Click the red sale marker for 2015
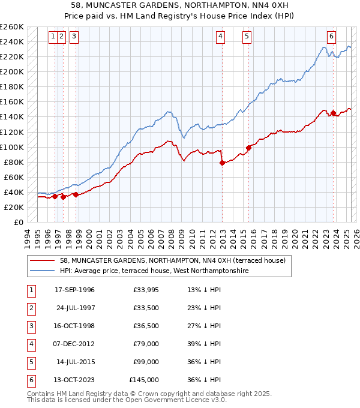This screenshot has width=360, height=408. point(248,148)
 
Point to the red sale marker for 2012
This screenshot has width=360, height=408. point(222,162)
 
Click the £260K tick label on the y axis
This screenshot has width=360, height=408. point(12,27)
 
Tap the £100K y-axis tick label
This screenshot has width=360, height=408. point(12,147)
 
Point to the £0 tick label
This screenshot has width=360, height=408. point(18,222)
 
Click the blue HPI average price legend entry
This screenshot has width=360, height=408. point(154,271)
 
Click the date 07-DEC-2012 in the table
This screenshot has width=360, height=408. point(74,344)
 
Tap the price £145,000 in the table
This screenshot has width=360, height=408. point(144,380)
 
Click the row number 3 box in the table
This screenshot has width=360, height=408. point(31,326)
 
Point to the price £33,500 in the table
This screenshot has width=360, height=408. point(146,308)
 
